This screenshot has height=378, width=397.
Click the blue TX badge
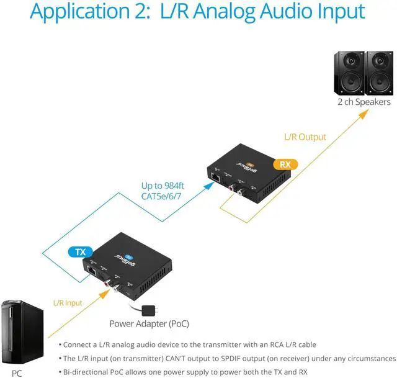[x=80, y=252]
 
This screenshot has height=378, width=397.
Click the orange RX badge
[x=285, y=164]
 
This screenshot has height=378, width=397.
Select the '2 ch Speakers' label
[x=364, y=102]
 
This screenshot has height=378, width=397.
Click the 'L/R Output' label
[x=305, y=137]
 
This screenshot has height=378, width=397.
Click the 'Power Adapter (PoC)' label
[x=149, y=323]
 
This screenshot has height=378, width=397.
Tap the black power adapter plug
[x=149, y=309]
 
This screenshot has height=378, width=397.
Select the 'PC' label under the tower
[x=16, y=372]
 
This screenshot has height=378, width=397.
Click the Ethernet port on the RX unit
[x=215, y=178]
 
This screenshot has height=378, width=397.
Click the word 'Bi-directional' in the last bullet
[x=87, y=372]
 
